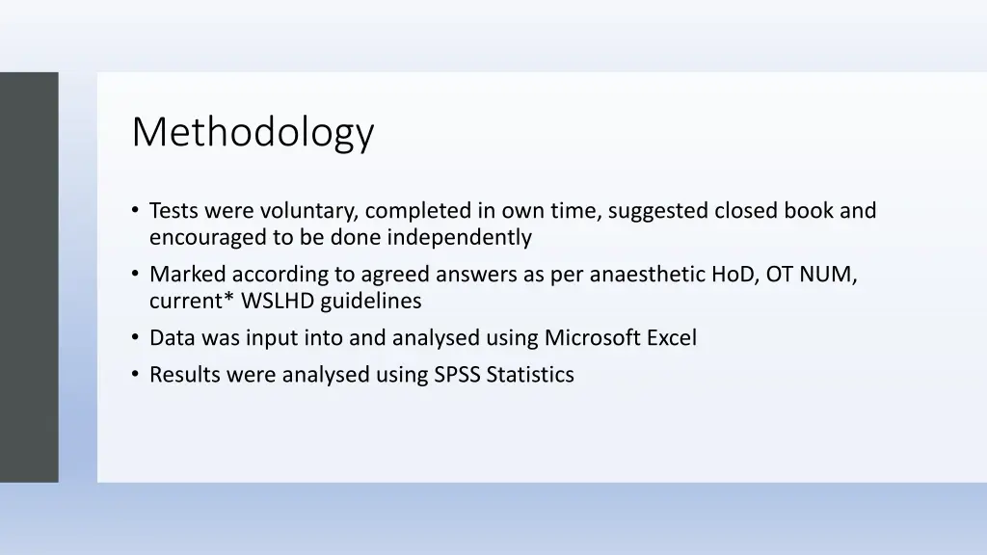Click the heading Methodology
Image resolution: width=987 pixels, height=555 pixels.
(x=253, y=132)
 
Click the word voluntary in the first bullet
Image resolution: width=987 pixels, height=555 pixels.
(x=310, y=210)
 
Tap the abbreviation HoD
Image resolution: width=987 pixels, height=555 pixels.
(x=734, y=274)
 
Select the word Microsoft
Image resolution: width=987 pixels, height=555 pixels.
(x=591, y=338)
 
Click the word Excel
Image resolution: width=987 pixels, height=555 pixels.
(x=671, y=338)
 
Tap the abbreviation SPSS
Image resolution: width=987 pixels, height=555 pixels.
(x=457, y=375)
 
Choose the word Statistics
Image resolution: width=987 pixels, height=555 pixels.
(x=530, y=375)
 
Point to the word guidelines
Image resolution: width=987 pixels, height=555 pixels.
(x=371, y=301)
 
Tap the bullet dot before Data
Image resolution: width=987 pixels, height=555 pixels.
(x=136, y=338)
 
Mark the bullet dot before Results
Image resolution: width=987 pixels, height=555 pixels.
(x=136, y=375)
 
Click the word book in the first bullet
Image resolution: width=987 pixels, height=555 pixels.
(x=808, y=210)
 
